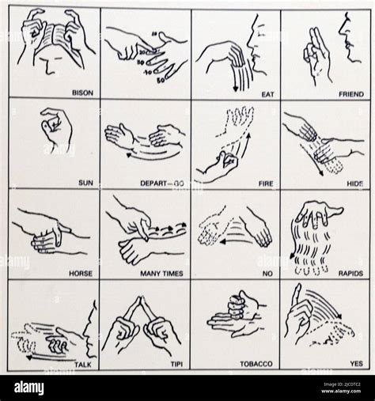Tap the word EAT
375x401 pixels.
click(x=267, y=93)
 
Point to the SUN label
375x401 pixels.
click(x=85, y=182)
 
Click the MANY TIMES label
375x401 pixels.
click(x=164, y=273)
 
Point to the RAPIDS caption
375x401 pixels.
click(x=350, y=273)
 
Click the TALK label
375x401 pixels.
click(x=82, y=365)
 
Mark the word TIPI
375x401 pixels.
click(x=176, y=365)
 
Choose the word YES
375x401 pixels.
click(x=356, y=365)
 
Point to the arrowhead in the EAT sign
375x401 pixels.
click(x=235, y=93)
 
